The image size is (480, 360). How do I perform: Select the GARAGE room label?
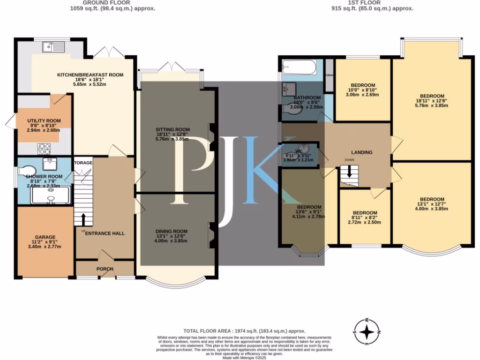pyautogui.click(x=45, y=237)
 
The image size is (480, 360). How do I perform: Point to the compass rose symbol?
pyautogui.click(x=367, y=332)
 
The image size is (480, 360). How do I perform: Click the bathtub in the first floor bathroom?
pyautogui.click(x=299, y=70)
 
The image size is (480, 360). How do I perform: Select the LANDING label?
pyautogui.click(x=362, y=152)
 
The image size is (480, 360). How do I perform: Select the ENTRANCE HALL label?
pyautogui.click(x=104, y=233)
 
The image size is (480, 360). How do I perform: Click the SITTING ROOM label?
pyautogui.click(x=172, y=129)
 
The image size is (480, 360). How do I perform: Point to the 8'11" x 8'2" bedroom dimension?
pyautogui.click(x=365, y=218)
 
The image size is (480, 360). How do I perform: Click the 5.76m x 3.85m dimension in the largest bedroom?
pyautogui.click(x=431, y=105)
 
